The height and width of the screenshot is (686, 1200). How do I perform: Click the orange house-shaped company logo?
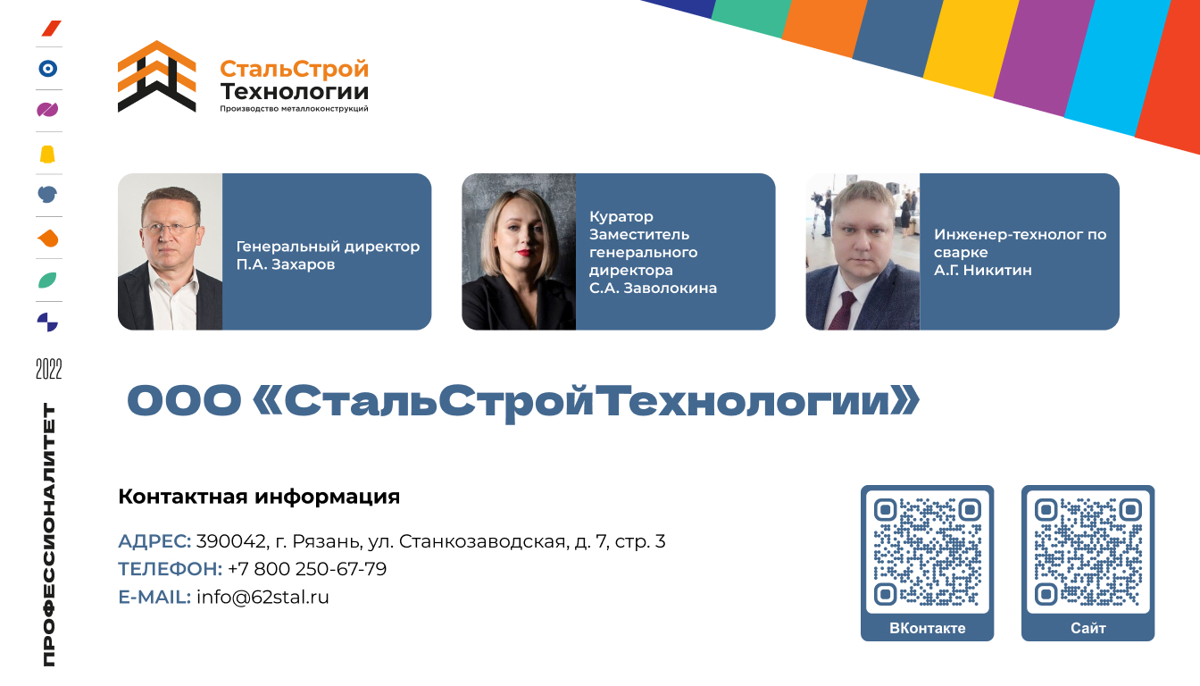click(x=156, y=76)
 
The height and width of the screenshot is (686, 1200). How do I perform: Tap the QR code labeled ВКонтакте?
click(x=928, y=552)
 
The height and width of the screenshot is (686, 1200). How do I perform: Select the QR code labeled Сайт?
click(x=1088, y=552)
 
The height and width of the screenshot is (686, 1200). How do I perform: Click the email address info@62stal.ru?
click(x=262, y=597)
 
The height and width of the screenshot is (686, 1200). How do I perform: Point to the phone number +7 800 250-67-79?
click(x=307, y=569)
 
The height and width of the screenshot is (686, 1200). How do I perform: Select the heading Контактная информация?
click(x=259, y=497)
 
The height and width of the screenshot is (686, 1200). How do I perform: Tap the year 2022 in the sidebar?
click(x=49, y=369)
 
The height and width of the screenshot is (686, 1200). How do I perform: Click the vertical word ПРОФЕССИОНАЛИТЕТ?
click(x=49, y=535)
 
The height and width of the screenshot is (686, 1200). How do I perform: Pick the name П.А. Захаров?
click(x=286, y=264)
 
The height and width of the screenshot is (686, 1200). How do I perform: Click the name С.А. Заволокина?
click(x=653, y=288)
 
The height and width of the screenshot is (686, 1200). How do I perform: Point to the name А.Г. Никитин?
click(x=982, y=270)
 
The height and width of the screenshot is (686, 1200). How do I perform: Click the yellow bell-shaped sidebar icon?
click(x=47, y=155)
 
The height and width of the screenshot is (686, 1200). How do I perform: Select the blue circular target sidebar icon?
click(x=48, y=69)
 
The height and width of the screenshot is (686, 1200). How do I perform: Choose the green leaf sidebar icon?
click(x=47, y=280)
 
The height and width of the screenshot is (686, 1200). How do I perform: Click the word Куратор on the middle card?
click(x=621, y=216)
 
